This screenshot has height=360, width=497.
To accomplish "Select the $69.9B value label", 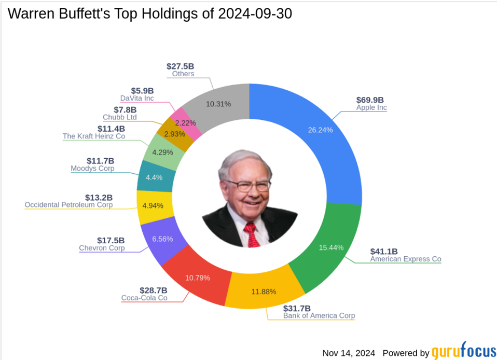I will point(369,100).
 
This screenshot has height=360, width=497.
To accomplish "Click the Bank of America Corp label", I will point(319,315).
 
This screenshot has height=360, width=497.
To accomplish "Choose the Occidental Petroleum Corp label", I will point(68,205).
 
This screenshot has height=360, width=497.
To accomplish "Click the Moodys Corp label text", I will point(92,169).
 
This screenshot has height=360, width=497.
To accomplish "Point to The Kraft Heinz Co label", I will point(94,136).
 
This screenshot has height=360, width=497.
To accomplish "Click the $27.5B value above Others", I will point(180,66).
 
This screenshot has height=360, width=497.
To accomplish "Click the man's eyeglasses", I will point(248,185).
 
